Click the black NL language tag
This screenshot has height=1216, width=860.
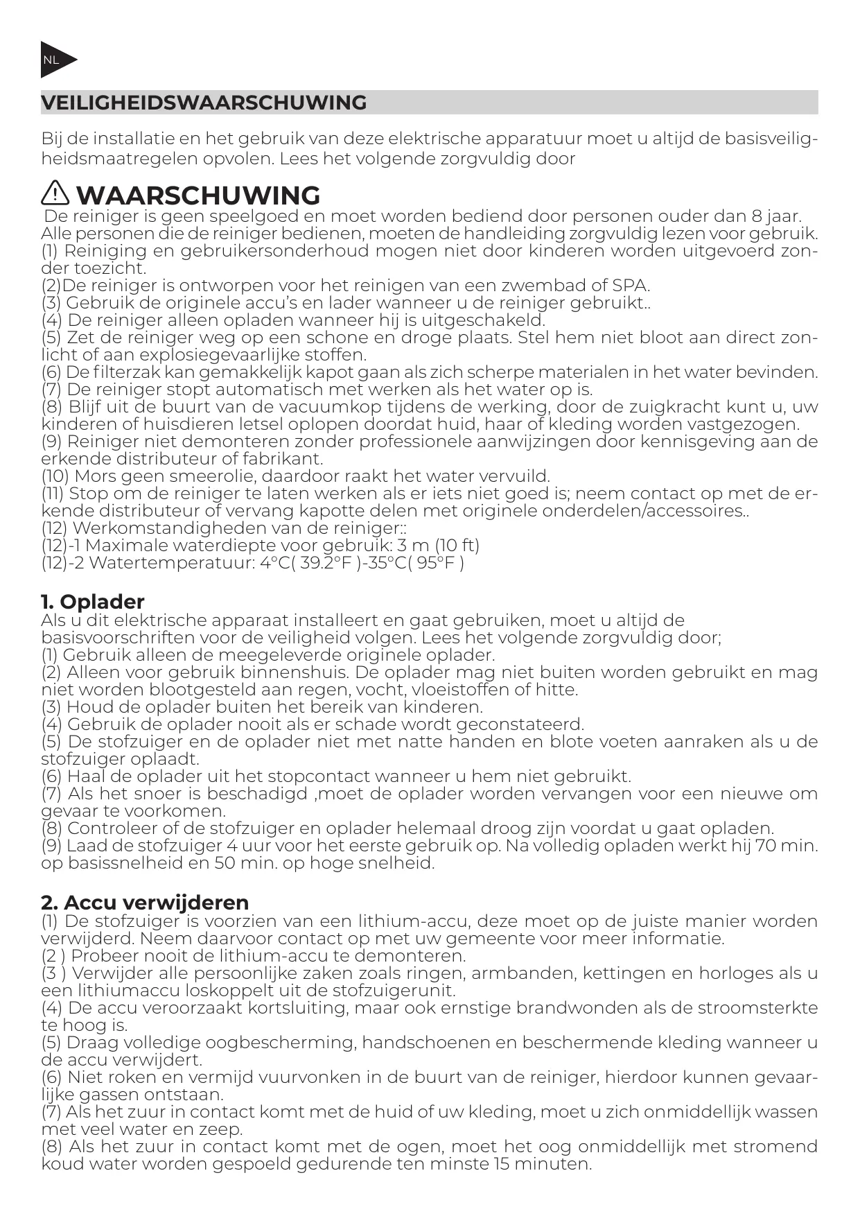[x=55, y=60]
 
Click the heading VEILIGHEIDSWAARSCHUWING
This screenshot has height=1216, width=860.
[x=204, y=103]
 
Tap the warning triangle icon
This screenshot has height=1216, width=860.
[x=55, y=193]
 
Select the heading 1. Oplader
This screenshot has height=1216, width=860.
[x=92, y=601]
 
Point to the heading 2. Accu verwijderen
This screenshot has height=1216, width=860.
[x=144, y=902]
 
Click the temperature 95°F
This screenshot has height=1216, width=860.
[x=436, y=563]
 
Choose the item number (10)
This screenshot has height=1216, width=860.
[x=55, y=476]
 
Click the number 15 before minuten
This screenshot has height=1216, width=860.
[x=504, y=1164]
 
